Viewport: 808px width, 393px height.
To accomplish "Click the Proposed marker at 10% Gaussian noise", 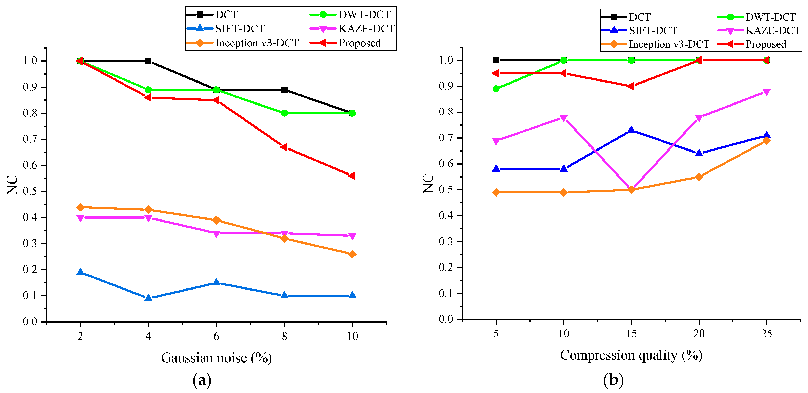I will coord(352,176).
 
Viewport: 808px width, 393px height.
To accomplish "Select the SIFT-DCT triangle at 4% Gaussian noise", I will coord(148,297).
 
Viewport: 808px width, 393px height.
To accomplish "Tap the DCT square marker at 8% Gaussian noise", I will coord(284,90).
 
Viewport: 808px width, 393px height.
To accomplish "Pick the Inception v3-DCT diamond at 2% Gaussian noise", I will coord(80,207).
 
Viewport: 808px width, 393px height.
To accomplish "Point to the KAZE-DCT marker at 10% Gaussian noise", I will coord(352,236).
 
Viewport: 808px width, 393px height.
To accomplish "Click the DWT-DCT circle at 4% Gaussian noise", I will coord(148,90).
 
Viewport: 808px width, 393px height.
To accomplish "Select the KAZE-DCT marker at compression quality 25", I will coord(766,92).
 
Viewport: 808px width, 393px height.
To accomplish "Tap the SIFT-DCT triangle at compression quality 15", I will coord(631,130).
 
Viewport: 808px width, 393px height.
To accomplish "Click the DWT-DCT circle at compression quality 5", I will coord(496,89).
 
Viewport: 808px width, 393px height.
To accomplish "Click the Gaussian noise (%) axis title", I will coord(216,358).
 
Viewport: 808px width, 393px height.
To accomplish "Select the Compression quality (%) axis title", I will coord(631,355).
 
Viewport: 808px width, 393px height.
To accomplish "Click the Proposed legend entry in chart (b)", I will coord(765,44).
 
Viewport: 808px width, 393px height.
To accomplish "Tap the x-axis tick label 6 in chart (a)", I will coord(216,336).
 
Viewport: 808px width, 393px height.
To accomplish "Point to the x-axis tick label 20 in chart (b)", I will coord(699,334).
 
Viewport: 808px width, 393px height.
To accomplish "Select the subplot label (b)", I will coord(613,380).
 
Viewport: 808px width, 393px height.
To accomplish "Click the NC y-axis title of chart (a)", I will coord(12,185).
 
